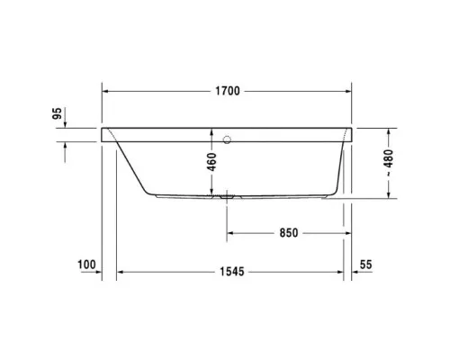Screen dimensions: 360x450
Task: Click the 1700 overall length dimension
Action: tap(226, 92)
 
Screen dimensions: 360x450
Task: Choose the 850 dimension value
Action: tap(287, 232)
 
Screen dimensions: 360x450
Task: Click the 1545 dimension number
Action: tap(232, 271)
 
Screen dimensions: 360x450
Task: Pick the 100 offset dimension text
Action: tap(86, 264)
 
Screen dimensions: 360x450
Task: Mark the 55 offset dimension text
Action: tap(365, 264)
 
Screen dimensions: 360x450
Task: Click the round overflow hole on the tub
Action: tap(226, 139)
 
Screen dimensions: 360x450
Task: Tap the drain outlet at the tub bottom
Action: tap(224, 195)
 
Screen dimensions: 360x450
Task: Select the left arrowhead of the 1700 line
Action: tap(106, 92)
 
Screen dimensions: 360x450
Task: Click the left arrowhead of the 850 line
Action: tap(230, 232)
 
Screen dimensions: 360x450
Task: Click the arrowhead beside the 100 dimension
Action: tap(96, 271)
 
